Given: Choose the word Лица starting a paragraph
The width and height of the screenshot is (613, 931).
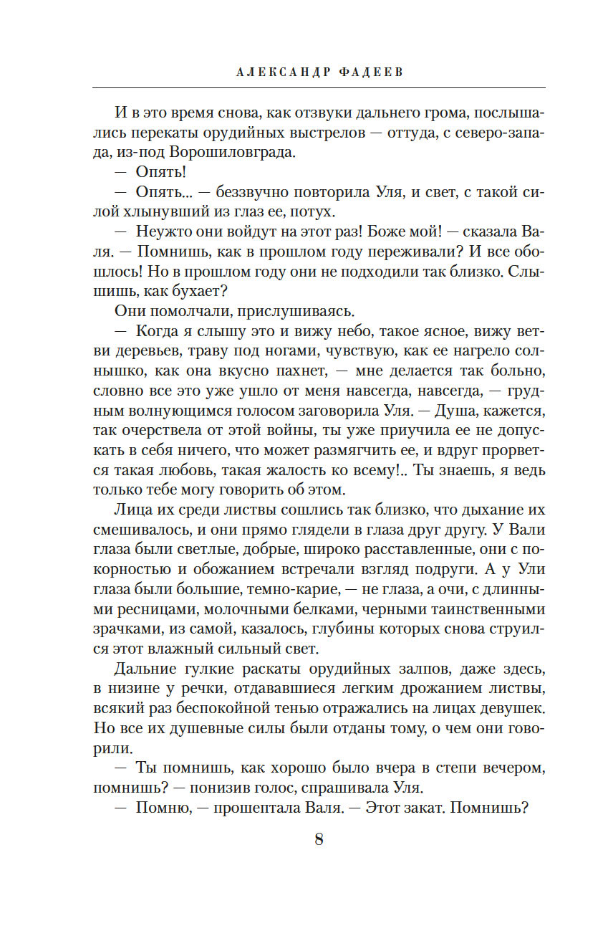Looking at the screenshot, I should click(x=130, y=510).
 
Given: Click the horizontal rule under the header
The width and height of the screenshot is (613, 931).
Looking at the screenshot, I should click(x=319, y=87).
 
